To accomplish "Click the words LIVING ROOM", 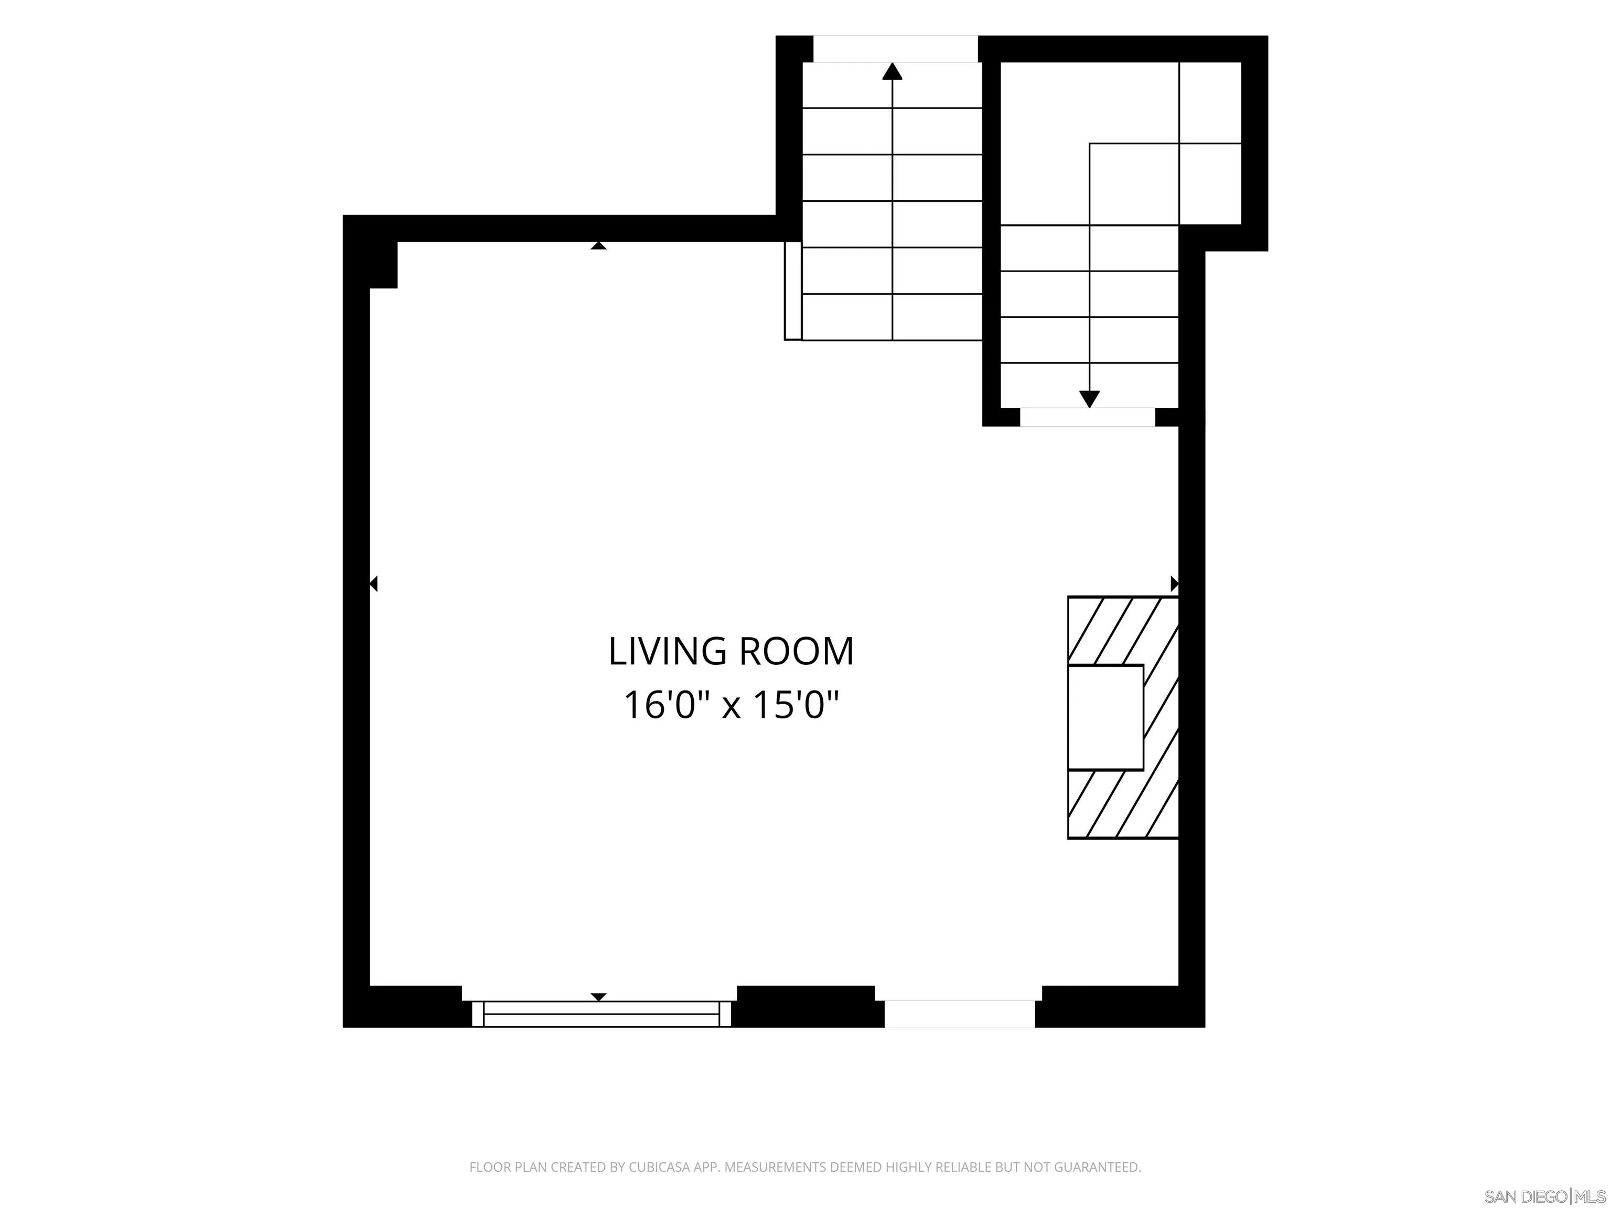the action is click(x=731, y=651).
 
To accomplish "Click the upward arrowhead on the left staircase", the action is click(x=892, y=71).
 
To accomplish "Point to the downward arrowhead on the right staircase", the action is click(x=1089, y=399).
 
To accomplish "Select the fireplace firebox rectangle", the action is click(x=1105, y=717).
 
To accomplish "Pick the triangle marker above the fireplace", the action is click(x=1174, y=583).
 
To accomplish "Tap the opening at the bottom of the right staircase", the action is click(x=1087, y=417).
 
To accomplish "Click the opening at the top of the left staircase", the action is click(x=895, y=49).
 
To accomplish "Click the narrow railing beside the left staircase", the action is click(x=792, y=290).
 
